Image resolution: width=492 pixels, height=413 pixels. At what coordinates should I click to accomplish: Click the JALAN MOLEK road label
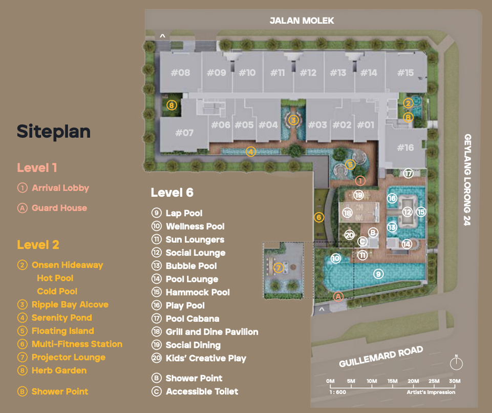(x=302, y=20)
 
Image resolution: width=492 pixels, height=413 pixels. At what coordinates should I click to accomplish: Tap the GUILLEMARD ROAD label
(x=381, y=357)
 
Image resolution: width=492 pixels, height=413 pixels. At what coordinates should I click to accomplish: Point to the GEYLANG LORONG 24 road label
(x=467, y=180)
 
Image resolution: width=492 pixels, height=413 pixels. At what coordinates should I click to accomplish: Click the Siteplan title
(x=54, y=132)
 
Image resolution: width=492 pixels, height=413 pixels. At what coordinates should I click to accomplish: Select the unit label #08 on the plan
(x=180, y=73)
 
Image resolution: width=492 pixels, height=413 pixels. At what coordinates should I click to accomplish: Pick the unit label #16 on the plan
(x=405, y=147)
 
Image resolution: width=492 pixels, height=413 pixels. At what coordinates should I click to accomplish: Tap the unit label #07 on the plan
(x=184, y=133)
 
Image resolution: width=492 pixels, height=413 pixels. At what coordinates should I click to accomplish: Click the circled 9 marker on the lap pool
(x=378, y=274)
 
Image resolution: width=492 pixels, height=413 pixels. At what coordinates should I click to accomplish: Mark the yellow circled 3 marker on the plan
(x=293, y=120)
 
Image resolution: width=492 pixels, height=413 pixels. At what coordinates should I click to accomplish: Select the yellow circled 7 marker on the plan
(x=279, y=268)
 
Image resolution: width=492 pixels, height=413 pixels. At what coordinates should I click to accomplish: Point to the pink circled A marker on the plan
(x=338, y=297)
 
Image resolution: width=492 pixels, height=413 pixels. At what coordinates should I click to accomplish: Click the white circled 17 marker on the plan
(x=408, y=173)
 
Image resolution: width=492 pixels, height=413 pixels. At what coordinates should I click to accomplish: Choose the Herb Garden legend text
(x=59, y=370)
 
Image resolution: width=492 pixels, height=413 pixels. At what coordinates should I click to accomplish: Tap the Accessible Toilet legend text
(x=202, y=391)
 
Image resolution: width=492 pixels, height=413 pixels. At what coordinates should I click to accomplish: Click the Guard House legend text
(x=59, y=208)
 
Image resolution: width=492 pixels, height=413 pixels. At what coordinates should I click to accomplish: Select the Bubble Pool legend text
(x=191, y=266)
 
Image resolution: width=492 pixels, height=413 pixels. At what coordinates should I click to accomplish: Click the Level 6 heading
(x=172, y=193)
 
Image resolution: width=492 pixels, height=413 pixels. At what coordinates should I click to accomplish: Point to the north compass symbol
(x=456, y=363)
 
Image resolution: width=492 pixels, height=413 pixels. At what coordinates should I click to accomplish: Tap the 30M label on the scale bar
(x=455, y=381)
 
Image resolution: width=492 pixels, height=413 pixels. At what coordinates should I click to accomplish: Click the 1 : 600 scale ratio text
(x=337, y=392)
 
